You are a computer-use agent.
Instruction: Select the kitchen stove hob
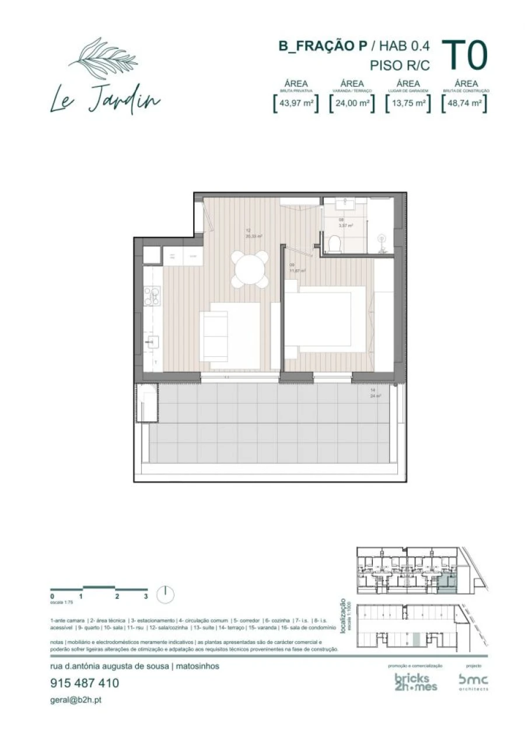coord(152,296)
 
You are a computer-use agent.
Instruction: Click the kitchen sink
coord(153,342)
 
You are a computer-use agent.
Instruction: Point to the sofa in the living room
coord(214,331)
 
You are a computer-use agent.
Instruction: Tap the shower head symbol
coord(382,239)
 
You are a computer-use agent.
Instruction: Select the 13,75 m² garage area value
coord(409,103)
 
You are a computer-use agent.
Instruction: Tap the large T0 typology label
coord(464,56)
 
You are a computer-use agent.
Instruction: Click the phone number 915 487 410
coord(85,683)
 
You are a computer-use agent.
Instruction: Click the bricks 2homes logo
coord(416,683)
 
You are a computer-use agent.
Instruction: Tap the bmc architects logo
coord(473,681)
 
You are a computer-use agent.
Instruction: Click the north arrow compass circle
coord(166,594)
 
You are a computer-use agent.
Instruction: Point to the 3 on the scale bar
coord(146,596)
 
